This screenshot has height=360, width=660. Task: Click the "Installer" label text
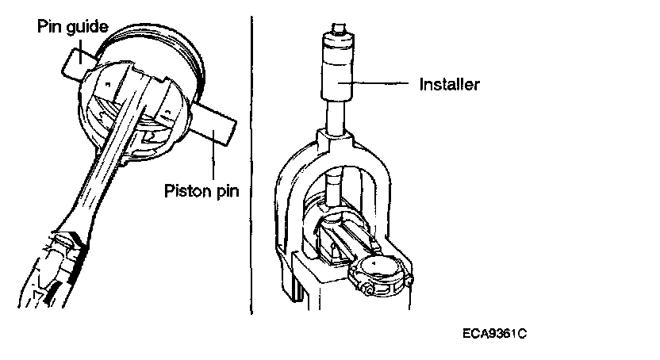click(x=449, y=83)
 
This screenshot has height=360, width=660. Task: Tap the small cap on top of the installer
click(x=340, y=32)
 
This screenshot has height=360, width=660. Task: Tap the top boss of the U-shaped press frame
click(x=336, y=142)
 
